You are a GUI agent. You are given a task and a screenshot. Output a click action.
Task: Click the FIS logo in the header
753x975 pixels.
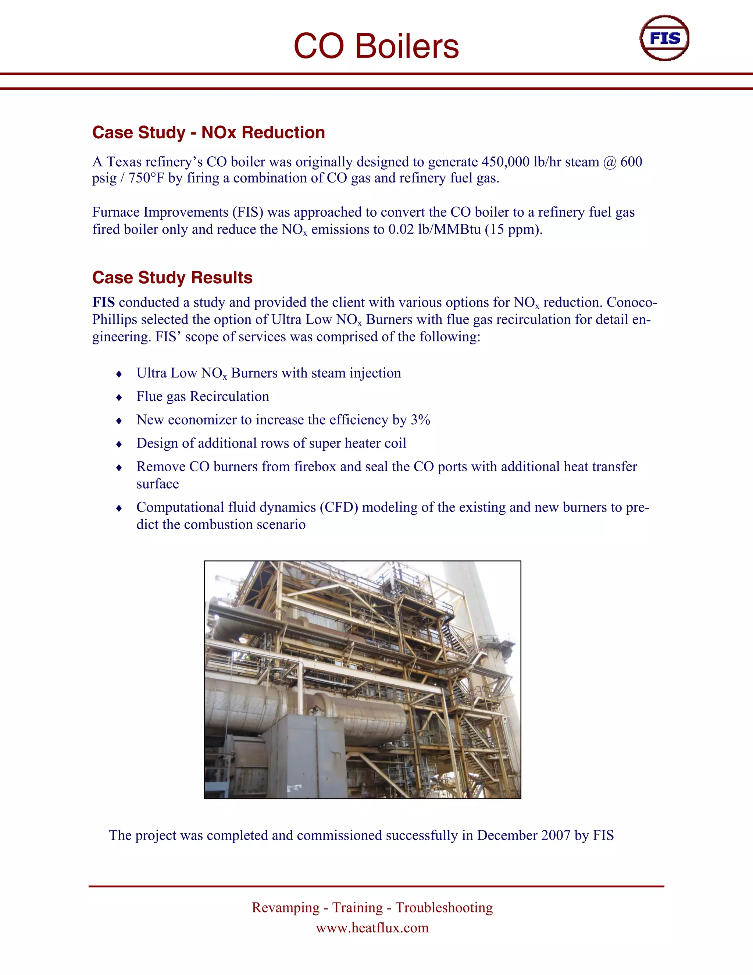click(664, 38)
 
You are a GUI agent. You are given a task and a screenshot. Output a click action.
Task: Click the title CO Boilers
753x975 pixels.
click(376, 46)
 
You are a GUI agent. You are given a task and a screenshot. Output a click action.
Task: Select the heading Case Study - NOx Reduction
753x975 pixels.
click(208, 132)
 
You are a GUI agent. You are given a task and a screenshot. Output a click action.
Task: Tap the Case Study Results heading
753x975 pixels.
click(172, 278)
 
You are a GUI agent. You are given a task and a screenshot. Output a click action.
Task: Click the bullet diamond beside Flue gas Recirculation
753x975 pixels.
click(119, 397)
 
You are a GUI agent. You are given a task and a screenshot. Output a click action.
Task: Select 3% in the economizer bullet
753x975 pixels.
click(420, 420)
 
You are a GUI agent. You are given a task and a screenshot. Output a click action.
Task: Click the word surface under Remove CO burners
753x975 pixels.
click(157, 484)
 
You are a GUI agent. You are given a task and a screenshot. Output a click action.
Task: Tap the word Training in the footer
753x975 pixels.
click(357, 908)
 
